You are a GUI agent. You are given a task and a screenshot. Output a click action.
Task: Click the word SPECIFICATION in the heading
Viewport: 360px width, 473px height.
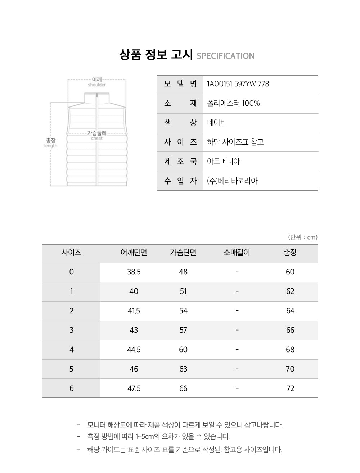click(x=226, y=56)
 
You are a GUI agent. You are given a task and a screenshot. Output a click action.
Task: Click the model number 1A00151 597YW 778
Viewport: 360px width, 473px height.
click(x=238, y=84)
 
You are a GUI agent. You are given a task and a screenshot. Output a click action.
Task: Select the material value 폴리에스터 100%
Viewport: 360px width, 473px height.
click(x=233, y=104)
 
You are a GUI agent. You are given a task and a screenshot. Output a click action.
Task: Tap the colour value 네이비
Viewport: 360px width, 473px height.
click(x=217, y=123)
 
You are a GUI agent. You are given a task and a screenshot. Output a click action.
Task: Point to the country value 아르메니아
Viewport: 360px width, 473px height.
click(x=223, y=161)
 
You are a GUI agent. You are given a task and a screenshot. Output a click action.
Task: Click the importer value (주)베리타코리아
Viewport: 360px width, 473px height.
click(x=232, y=181)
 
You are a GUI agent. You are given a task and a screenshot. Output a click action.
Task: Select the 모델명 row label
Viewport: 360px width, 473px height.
click(x=180, y=84)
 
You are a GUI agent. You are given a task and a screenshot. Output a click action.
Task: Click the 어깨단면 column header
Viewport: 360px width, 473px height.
click(x=134, y=253)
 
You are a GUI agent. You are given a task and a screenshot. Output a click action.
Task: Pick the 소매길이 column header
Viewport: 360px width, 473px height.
click(x=237, y=253)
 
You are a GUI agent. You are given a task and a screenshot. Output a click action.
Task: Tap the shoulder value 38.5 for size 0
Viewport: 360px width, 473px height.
click(x=134, y=272)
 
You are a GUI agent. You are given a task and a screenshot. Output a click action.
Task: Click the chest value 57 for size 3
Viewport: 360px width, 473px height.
click(x=183, y=330)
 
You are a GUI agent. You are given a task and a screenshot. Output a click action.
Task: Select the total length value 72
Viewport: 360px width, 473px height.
click(x=290, y=388)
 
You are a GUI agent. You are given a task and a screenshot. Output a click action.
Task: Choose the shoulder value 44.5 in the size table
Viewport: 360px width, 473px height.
click(x=134, y=350)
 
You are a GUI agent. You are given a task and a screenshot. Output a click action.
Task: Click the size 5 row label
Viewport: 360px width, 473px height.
click(x=71, y=369)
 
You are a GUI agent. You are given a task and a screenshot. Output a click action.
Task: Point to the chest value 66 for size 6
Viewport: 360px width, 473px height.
click(x=183, y=388)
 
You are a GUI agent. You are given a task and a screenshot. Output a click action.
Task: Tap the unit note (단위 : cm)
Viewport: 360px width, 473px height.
click(x=303, y=237)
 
